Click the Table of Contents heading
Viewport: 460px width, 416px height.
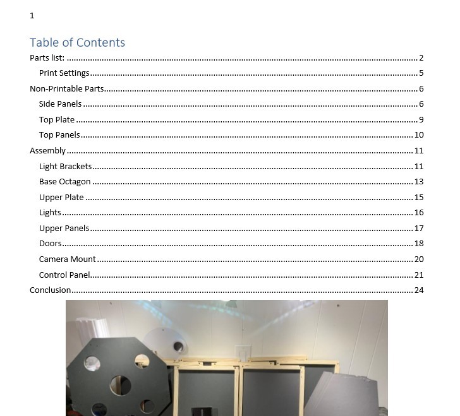(77, 42)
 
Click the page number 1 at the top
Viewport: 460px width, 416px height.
(32, 16)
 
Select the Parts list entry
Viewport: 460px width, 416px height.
(47, 58)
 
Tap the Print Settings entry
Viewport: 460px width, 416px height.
(64, 73)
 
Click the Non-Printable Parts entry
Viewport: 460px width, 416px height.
(66, 89)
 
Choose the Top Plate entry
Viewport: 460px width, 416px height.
(57, 120)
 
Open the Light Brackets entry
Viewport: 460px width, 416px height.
(65, 167)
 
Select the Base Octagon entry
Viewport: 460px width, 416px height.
(64, 182)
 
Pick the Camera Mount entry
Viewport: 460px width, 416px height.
(68, 259)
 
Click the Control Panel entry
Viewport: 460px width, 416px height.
(64, 275)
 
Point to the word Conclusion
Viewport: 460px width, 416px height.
(51, 290)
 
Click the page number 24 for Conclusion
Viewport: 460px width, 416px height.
(419, 290)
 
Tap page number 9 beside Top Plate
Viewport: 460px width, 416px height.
(421, 120)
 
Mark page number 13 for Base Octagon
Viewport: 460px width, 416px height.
(419, 182)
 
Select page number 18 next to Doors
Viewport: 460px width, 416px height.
(419, 244)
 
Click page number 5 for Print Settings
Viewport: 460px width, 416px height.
(421, 73)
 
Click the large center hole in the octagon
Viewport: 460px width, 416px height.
(119, 384)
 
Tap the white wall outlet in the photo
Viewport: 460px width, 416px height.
(243, 351)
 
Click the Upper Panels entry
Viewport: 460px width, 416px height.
(64, 229)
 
